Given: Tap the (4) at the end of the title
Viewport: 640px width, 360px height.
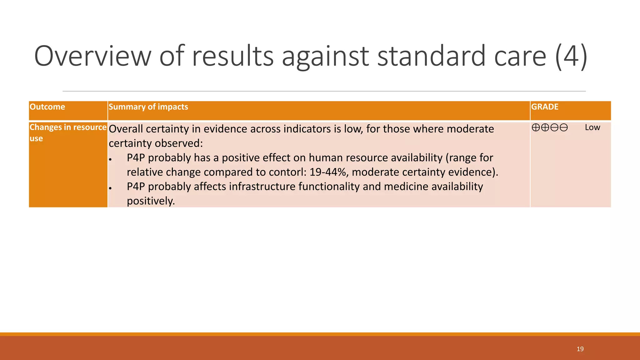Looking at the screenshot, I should (x=571, y=56).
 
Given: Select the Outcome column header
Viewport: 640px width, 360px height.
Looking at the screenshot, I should (x=47, y=107).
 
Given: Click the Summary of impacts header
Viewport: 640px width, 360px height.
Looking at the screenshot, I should (x=148, y=107).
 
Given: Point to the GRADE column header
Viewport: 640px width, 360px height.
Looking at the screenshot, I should (x=545, y=107).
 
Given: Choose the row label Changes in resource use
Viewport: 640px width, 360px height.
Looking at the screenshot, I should (x=68, y=132).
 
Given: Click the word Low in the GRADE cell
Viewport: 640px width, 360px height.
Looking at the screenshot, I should (x=592, y=127).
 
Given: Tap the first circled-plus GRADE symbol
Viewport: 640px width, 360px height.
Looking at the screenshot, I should (x=536, y=127).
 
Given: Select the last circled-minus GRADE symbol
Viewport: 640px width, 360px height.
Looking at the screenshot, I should (x=564, y=127).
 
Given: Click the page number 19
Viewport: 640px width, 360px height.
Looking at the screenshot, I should (x=580, y=349).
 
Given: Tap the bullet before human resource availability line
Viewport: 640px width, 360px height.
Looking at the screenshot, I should (x=110, y=159).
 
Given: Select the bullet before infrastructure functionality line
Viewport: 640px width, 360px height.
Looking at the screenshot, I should (x=110, y=188).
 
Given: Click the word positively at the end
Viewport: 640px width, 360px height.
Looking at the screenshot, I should (x=151, y=201).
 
